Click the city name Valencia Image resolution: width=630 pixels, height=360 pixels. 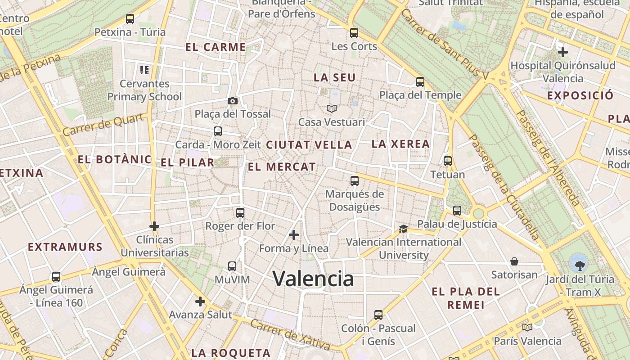pos(314,279)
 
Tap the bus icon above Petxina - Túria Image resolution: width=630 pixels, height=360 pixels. pos(130,19)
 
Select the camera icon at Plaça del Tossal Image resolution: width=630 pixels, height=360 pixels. pos(233,101)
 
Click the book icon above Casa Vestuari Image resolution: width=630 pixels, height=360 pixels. pos(332,108)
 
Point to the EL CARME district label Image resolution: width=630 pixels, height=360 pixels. pos(216,47)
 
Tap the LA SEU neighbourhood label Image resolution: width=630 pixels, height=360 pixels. pos(335,77)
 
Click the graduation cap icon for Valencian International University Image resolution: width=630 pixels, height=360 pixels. pos(403,229)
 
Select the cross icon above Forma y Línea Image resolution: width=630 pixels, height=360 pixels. pos(294,235)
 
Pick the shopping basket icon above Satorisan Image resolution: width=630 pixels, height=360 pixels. pos(514,261)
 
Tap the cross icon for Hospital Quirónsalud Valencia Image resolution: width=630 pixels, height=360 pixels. pos(562,52)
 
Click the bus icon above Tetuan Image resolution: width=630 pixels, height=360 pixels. pos(448,161)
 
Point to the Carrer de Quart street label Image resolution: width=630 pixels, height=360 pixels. pos(104,124)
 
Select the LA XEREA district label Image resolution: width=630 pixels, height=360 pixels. pos(400,144)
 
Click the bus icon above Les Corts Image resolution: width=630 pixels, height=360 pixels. pos(354,33)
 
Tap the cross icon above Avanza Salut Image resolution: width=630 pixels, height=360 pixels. pos(200,301)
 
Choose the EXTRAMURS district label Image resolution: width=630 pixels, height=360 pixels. pos(65,247)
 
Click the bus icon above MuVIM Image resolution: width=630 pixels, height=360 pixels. pos(232,266)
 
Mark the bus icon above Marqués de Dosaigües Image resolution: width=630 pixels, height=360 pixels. pos(355,181)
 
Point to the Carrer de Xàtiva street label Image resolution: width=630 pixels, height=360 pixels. pos(291,334)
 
